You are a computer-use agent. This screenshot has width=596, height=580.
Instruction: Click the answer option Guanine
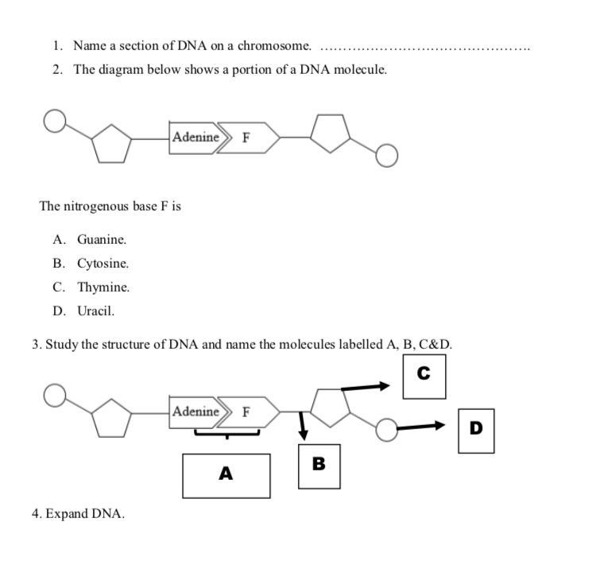tap(102, 239)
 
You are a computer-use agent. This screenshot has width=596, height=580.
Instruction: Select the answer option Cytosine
tap(103, 263)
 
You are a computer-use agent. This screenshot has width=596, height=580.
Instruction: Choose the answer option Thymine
tap(103, 287)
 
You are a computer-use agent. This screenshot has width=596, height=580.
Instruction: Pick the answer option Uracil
tap(95, 311)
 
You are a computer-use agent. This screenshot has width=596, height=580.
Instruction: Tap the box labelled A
tap(226, 475)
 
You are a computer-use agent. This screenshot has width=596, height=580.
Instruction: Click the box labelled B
tap(319, 466)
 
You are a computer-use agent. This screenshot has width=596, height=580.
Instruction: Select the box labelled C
tap(424, 376)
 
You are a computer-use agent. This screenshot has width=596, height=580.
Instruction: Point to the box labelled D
tap(475, 430)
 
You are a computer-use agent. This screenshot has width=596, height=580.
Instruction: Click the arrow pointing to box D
tap(421, 427)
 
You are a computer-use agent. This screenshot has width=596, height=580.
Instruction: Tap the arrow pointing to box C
tap(366, 387)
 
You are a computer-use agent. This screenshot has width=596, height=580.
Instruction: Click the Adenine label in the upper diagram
tap(195, 137)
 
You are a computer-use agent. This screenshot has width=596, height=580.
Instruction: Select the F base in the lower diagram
tap(247, 412)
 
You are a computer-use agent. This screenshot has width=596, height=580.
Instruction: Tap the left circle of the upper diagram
tap(54, 122)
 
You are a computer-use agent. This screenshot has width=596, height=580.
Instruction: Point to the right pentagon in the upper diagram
tap(330, 133)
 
